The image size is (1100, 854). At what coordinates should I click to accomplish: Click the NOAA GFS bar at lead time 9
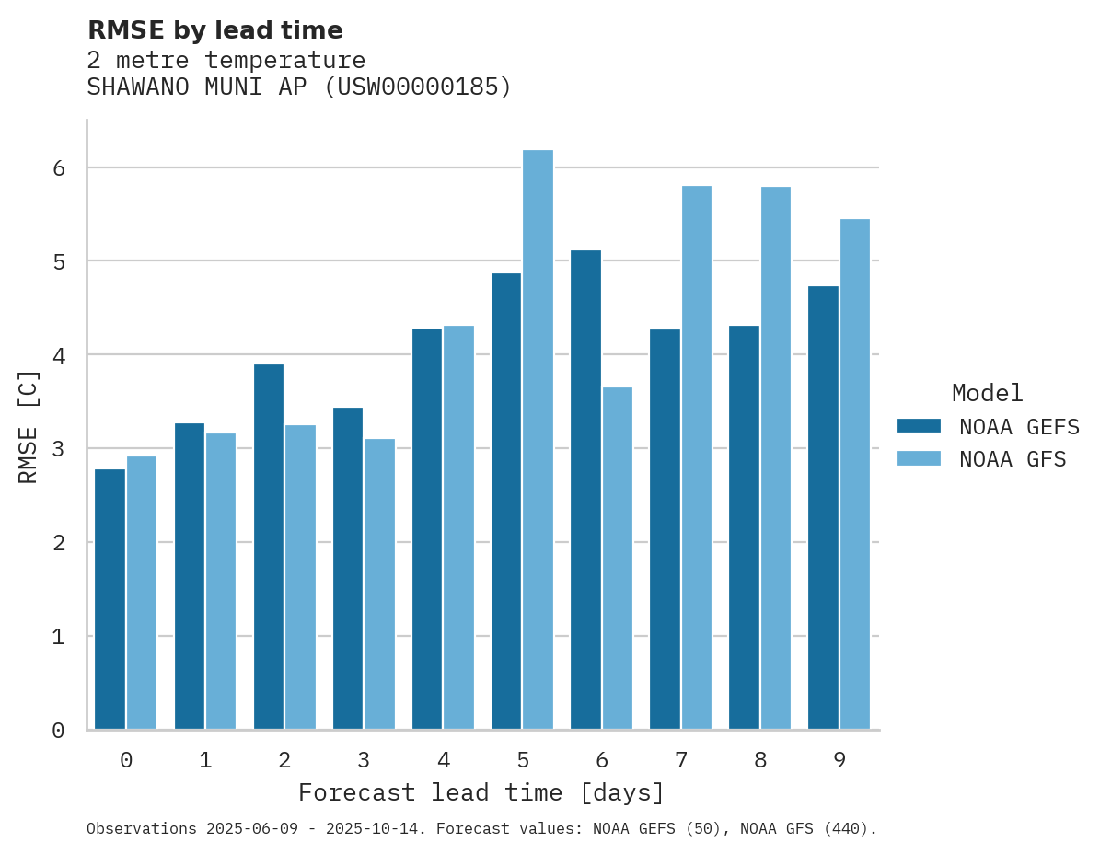[x=855, y=474]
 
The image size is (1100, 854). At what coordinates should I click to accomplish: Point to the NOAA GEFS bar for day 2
[x=269, y=547]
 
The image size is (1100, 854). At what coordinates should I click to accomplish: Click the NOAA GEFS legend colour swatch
[x=919, y=426]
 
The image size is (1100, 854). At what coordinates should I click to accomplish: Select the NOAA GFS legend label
[x=1013, y=459]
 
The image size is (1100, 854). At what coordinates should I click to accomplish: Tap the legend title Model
[x=987, y=393]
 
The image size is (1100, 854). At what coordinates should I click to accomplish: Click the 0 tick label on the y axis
[x=58, y=731]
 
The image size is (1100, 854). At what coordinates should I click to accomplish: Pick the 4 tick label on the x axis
[x=444, y=761]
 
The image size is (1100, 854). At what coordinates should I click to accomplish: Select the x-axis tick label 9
[x=839, y=761]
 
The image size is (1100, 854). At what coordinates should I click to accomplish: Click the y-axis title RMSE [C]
[x=29, y=426]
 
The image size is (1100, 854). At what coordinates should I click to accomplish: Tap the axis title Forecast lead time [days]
[x=481, y=792]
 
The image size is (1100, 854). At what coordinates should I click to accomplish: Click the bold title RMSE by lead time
[x=215, y=30]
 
